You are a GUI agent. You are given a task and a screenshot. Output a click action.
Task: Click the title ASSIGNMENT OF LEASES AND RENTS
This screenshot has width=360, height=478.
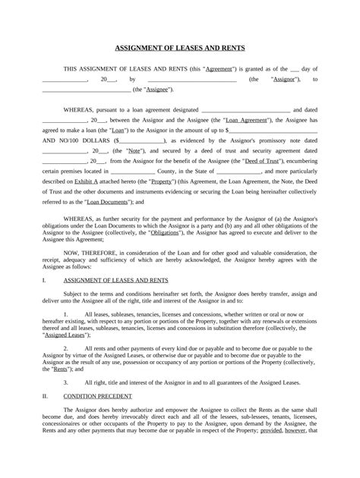(x=179, y=48)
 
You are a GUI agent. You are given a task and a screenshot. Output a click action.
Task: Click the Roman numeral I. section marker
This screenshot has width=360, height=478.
(x=45, y=281)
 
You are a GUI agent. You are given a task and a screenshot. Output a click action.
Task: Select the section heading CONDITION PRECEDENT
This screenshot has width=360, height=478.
(x=97, y=396)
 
